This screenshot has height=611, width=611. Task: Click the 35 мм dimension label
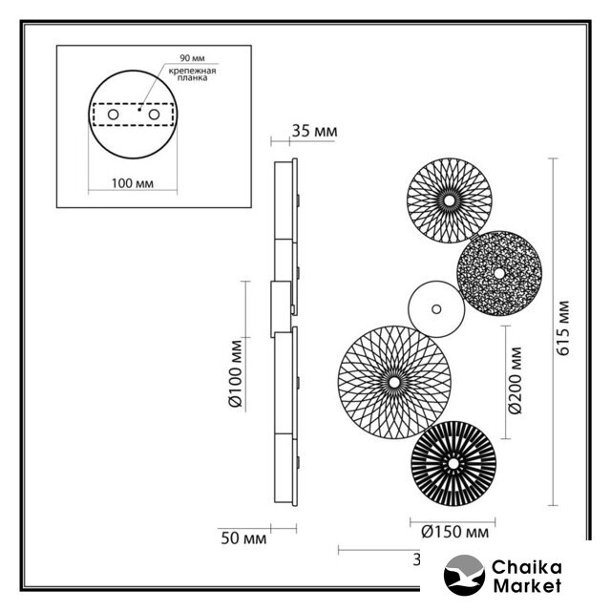tap(314, 131)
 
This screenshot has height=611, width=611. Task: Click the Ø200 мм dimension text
tap(516, 380)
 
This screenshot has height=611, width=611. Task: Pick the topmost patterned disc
tap(449, 200)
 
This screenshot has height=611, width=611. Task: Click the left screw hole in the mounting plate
tap(113, 115)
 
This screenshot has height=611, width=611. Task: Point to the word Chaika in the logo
tap(525, 567)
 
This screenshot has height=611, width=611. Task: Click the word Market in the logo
tap(526, 586)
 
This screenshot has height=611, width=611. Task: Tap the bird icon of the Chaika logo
tap(465, 576)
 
